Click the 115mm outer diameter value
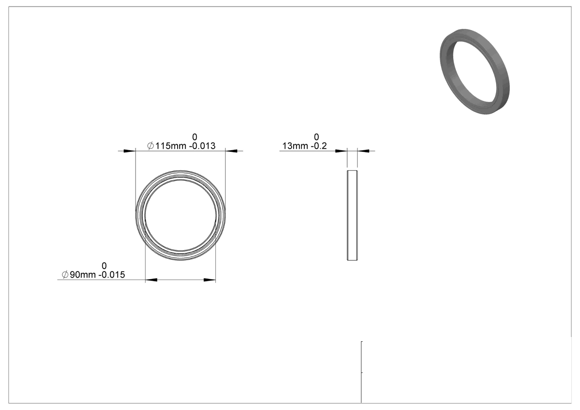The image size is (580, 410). (170, 146)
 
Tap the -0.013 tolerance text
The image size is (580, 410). (202, 146)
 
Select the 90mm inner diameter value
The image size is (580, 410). (83, 275)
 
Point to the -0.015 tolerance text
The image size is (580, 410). (112, 275)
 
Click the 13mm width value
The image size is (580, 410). (295, 146)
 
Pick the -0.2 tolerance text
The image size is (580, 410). (319, 146)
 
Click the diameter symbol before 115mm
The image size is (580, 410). (151, 146)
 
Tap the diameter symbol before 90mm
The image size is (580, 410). (65, 275)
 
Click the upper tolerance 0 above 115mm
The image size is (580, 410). (195, 137)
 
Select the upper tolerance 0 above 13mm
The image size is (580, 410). (316, 137)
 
